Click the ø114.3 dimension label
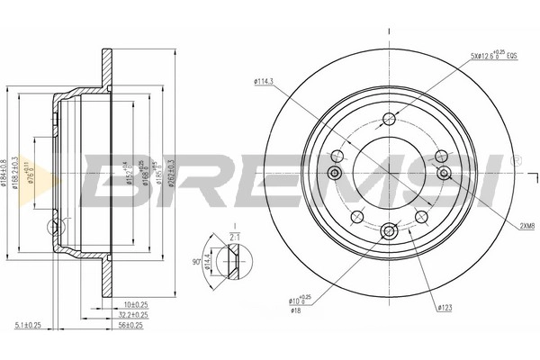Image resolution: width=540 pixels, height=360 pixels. [266, 85]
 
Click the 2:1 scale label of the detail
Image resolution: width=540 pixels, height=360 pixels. [233, 237]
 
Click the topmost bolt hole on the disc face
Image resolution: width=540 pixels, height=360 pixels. [390, 120]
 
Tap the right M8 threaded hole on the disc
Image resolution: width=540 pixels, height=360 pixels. [443, 173]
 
